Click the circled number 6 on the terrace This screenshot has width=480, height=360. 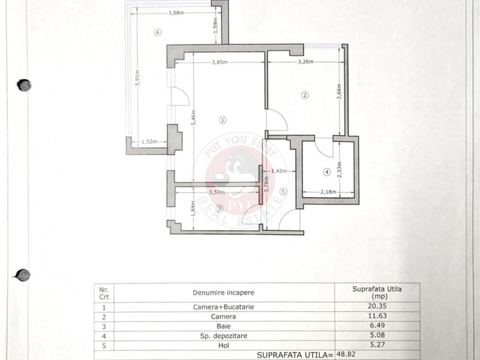158,32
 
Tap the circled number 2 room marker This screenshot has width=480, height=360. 305,95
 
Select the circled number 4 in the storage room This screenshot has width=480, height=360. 327,172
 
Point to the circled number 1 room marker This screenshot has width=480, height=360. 223,120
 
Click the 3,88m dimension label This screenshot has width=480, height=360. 176,13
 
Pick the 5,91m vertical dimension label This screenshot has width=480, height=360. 137,78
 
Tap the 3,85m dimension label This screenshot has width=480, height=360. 220,62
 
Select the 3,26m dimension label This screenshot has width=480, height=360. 306,62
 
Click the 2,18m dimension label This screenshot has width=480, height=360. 328,192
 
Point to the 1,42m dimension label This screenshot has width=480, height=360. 279,171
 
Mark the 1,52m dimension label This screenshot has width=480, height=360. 149,142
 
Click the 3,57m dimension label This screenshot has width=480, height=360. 217,192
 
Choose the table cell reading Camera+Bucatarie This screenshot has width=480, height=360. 223,307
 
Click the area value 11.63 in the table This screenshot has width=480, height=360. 377,316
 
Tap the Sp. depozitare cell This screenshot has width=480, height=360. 223,336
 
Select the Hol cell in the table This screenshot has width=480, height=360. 223,346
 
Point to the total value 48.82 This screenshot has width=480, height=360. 346,354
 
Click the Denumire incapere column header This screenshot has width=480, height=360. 223,293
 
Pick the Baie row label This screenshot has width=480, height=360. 223,326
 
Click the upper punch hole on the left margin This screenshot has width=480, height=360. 24,85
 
